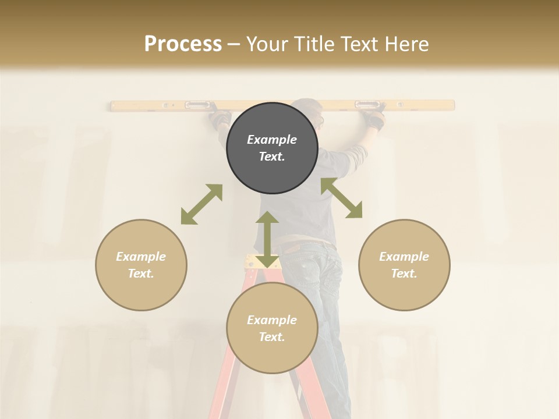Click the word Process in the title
point(183,44)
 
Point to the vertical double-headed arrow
point(267,239)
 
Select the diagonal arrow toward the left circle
point(201,204)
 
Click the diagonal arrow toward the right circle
point(341,198)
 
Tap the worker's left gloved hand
point(220,119)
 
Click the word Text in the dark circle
point(271,157)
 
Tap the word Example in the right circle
point(404,257)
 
